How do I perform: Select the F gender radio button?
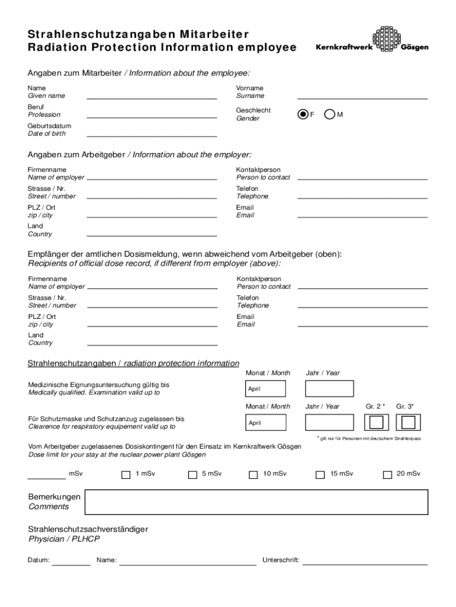[x=303, y=114]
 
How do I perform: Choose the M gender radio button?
[x=330, y=114]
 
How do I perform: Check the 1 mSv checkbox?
[x=126, y=474]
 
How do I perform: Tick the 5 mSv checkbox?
[x=192, y=474]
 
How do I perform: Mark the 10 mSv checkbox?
[x=253, y=474]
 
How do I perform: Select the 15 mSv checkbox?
[x=320, y=474]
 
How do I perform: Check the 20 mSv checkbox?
[x=387, y=474]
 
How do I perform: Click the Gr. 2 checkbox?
[x=375, y=422]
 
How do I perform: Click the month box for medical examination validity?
[x=266, y=389]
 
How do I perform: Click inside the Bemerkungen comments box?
[x=256, y=502]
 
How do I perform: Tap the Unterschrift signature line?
[x=365, y=563]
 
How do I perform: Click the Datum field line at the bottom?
[x=71, y=563]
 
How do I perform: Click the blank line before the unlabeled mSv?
[x=47, y=476]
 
